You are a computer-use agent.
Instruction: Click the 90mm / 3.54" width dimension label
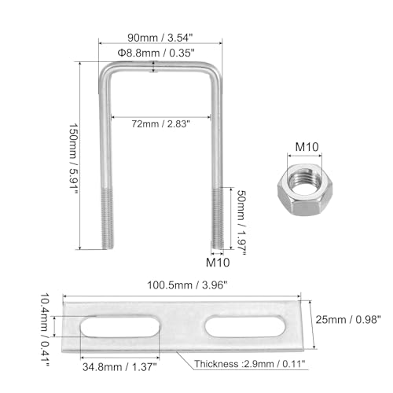pyautogui.click(x=160, y=38)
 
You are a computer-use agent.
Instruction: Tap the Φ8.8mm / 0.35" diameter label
pyautogui.click(x=156, y=53)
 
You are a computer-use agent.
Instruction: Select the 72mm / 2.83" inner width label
pyautogui.click(x=160, y=123)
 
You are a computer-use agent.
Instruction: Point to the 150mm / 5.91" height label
pyautogui.click(x=73, y=159)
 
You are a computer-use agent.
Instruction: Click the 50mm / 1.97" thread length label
pyautogui.click(x=241, y=222)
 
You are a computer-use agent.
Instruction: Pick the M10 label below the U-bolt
pyautogui.click(x=218, y=263)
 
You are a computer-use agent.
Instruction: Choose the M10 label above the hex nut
pyautogui.click(x=307, y=147)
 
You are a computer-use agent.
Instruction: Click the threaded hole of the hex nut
pyautogui.click(x=304, y=180)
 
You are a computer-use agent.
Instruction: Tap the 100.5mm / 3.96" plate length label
pyautogui.click(x=187, y=285)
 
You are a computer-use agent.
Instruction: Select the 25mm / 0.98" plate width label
pyautogui.click(x=348, y=320)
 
